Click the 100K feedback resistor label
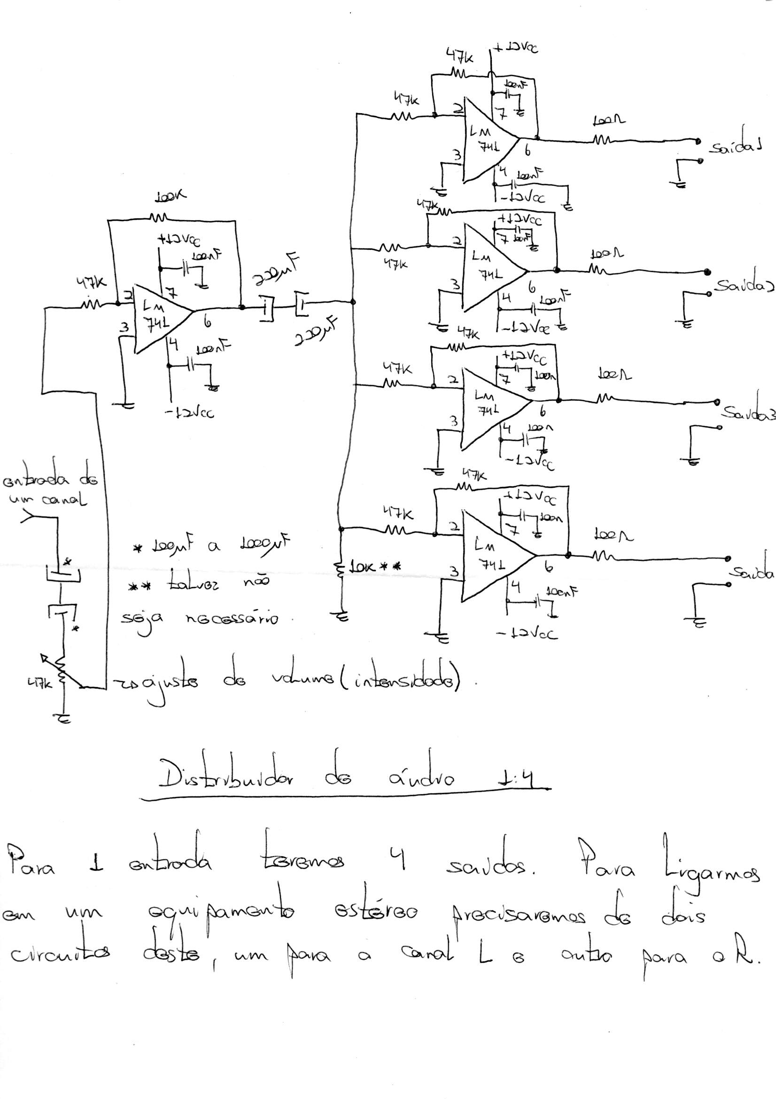pos(170,197)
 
